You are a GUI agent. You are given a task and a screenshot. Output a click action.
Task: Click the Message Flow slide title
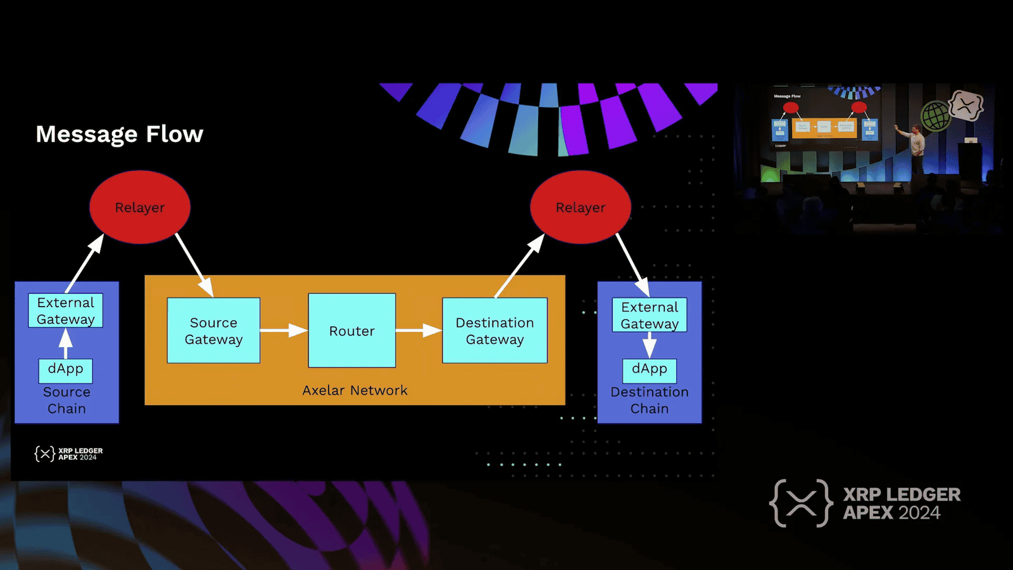[x=120, y=134]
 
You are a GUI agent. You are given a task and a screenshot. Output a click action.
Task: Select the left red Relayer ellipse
[x=140, y=207]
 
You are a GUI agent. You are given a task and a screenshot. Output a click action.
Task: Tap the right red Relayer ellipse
[x=581, y=207]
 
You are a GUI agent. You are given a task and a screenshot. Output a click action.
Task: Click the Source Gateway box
[x=213, y=331]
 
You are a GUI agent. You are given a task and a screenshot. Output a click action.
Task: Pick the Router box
[x=352, y=331]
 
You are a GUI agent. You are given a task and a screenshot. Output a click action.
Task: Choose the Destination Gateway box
[x=494, y=331]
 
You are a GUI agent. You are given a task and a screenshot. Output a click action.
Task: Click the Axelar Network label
[x=355, y=390]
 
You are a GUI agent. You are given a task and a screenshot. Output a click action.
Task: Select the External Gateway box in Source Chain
[x=65, y=310]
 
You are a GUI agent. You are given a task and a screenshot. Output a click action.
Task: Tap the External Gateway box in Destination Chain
[x=650, y=315]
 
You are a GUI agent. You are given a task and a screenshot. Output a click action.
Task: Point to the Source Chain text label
[x=66, y=400]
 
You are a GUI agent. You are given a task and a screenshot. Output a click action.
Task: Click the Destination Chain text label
[x=650, y=400]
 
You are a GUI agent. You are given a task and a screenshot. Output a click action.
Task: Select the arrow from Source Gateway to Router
[x=283, y=330]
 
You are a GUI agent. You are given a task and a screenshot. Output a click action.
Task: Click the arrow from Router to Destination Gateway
[x=418, y=330]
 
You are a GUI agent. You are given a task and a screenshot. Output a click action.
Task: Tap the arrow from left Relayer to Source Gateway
[x=194, y=265]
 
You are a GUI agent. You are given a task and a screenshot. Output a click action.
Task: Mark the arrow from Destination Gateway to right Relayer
[x=519, y=266]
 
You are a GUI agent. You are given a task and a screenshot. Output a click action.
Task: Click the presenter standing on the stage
[x=916, y=147]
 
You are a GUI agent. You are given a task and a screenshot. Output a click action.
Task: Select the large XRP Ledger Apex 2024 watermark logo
[x=865, y=503]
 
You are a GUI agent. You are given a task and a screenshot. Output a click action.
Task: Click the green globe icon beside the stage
[x=935, y=116]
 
